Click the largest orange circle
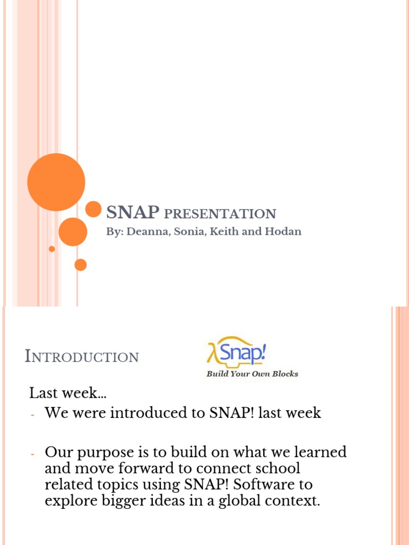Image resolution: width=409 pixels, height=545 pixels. point(56,182)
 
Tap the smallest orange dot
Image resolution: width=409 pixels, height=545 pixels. point(52,249)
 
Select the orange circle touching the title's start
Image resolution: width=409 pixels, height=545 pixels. point(94,209)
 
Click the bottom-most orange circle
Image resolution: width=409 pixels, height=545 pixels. point(80,265)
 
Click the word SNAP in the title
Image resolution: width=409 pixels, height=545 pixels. point(133,213)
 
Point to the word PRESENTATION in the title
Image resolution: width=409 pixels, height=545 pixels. point(220,214)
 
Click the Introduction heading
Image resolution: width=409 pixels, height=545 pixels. point(81,357)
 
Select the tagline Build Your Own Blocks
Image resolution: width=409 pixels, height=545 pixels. point(252,374)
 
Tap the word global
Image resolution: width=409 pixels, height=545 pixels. point(235,501)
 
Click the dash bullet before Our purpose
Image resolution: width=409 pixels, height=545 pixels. point(32,454)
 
